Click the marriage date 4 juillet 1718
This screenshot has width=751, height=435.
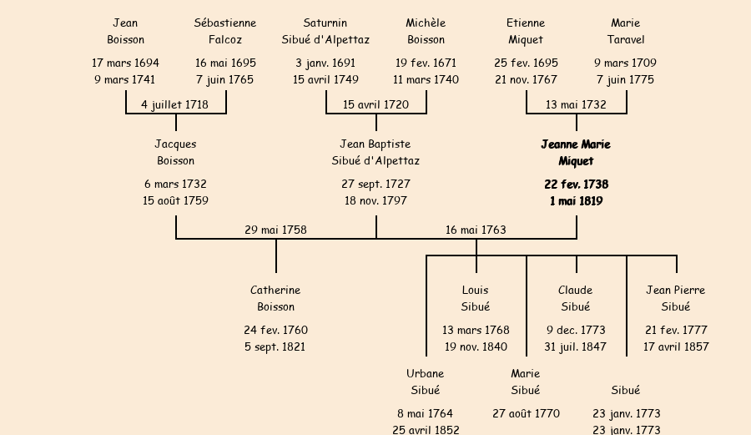pos(175,104)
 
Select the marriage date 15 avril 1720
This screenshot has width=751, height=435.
pos(375,104)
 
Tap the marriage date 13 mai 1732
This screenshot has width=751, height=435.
pos(576,104)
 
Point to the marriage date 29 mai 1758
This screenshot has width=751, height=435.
pos(275,230)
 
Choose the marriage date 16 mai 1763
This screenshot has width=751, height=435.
pos(476,230)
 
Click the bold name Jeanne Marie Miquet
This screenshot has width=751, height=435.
pos(576,153)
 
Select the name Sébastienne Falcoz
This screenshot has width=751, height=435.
pos(225,31)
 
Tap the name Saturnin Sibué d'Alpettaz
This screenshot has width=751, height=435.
pos(325,31)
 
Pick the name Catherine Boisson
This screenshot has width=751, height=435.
pos(275,298)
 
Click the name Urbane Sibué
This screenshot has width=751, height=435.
pos(426,382)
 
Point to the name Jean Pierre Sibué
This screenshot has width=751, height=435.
pos(676,298)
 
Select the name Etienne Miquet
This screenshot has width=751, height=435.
pos(526,31)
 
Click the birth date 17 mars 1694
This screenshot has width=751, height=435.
pos(125,63)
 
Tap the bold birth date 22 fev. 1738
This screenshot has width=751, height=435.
pos(576,184)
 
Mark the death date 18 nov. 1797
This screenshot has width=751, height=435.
pos(375,200)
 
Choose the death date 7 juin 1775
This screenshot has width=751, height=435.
pos(626,80)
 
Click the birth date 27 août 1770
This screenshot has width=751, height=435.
pos(526,413)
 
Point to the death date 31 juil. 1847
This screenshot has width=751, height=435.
pos(576,346)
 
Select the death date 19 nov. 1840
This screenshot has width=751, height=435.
pos(476,346)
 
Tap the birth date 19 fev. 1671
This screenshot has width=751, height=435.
pos(426,63)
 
